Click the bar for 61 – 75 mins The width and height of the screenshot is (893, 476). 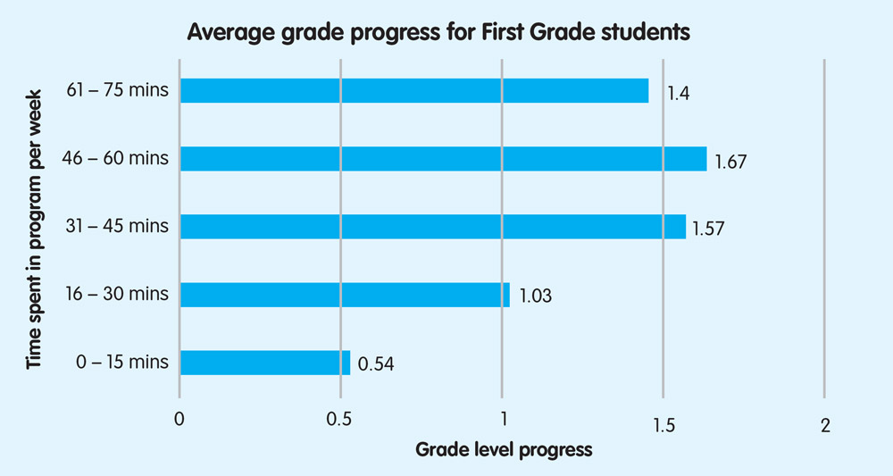pos(414,90)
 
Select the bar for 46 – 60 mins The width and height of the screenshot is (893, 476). pos(443,159)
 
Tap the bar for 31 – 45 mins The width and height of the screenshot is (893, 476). pos(433,226)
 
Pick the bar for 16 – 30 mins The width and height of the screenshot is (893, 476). pos(345,295)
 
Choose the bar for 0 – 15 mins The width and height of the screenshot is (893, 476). pos(265,363)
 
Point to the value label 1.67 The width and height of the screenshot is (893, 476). pos(730,162)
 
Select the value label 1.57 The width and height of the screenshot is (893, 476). pos(707,229)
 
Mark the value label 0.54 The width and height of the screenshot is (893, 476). pos(376,364)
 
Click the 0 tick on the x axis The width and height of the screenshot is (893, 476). pos(179,425)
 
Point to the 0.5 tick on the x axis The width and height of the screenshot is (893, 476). pos(340,425)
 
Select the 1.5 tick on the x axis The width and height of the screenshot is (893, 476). pos(662,425)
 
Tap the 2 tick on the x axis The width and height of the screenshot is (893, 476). pos(824,425)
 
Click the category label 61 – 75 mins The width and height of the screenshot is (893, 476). pos(117,90)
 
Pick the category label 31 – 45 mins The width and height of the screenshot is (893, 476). pos(117,226)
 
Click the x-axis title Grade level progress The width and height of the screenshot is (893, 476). pos(504,450)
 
